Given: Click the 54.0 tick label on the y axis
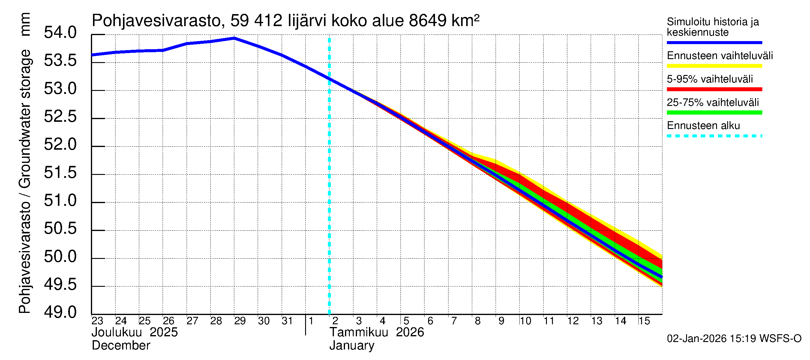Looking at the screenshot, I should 60,33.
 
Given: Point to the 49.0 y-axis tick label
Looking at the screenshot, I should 60,313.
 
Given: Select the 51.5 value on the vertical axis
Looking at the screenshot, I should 60,172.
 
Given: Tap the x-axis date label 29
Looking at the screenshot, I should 240,321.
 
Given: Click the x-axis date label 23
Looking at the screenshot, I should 97,321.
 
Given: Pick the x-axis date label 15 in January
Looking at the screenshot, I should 644,321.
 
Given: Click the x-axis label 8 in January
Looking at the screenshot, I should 477,321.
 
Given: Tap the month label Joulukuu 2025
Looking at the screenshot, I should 135,332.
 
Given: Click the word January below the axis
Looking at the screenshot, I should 352,346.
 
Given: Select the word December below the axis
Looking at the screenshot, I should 121,346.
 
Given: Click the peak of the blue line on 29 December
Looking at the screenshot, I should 234,38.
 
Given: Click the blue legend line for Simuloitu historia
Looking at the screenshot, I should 714,42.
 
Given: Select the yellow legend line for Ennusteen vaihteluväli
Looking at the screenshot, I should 714,66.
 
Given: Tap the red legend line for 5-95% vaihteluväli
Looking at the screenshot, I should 714,89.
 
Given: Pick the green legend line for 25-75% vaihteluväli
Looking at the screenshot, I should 714,112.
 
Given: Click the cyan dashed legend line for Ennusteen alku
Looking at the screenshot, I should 714,136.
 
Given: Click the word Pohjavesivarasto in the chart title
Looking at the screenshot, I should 156,21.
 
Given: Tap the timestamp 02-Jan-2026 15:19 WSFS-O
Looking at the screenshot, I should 734,339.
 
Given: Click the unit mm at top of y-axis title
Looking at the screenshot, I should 25,24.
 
